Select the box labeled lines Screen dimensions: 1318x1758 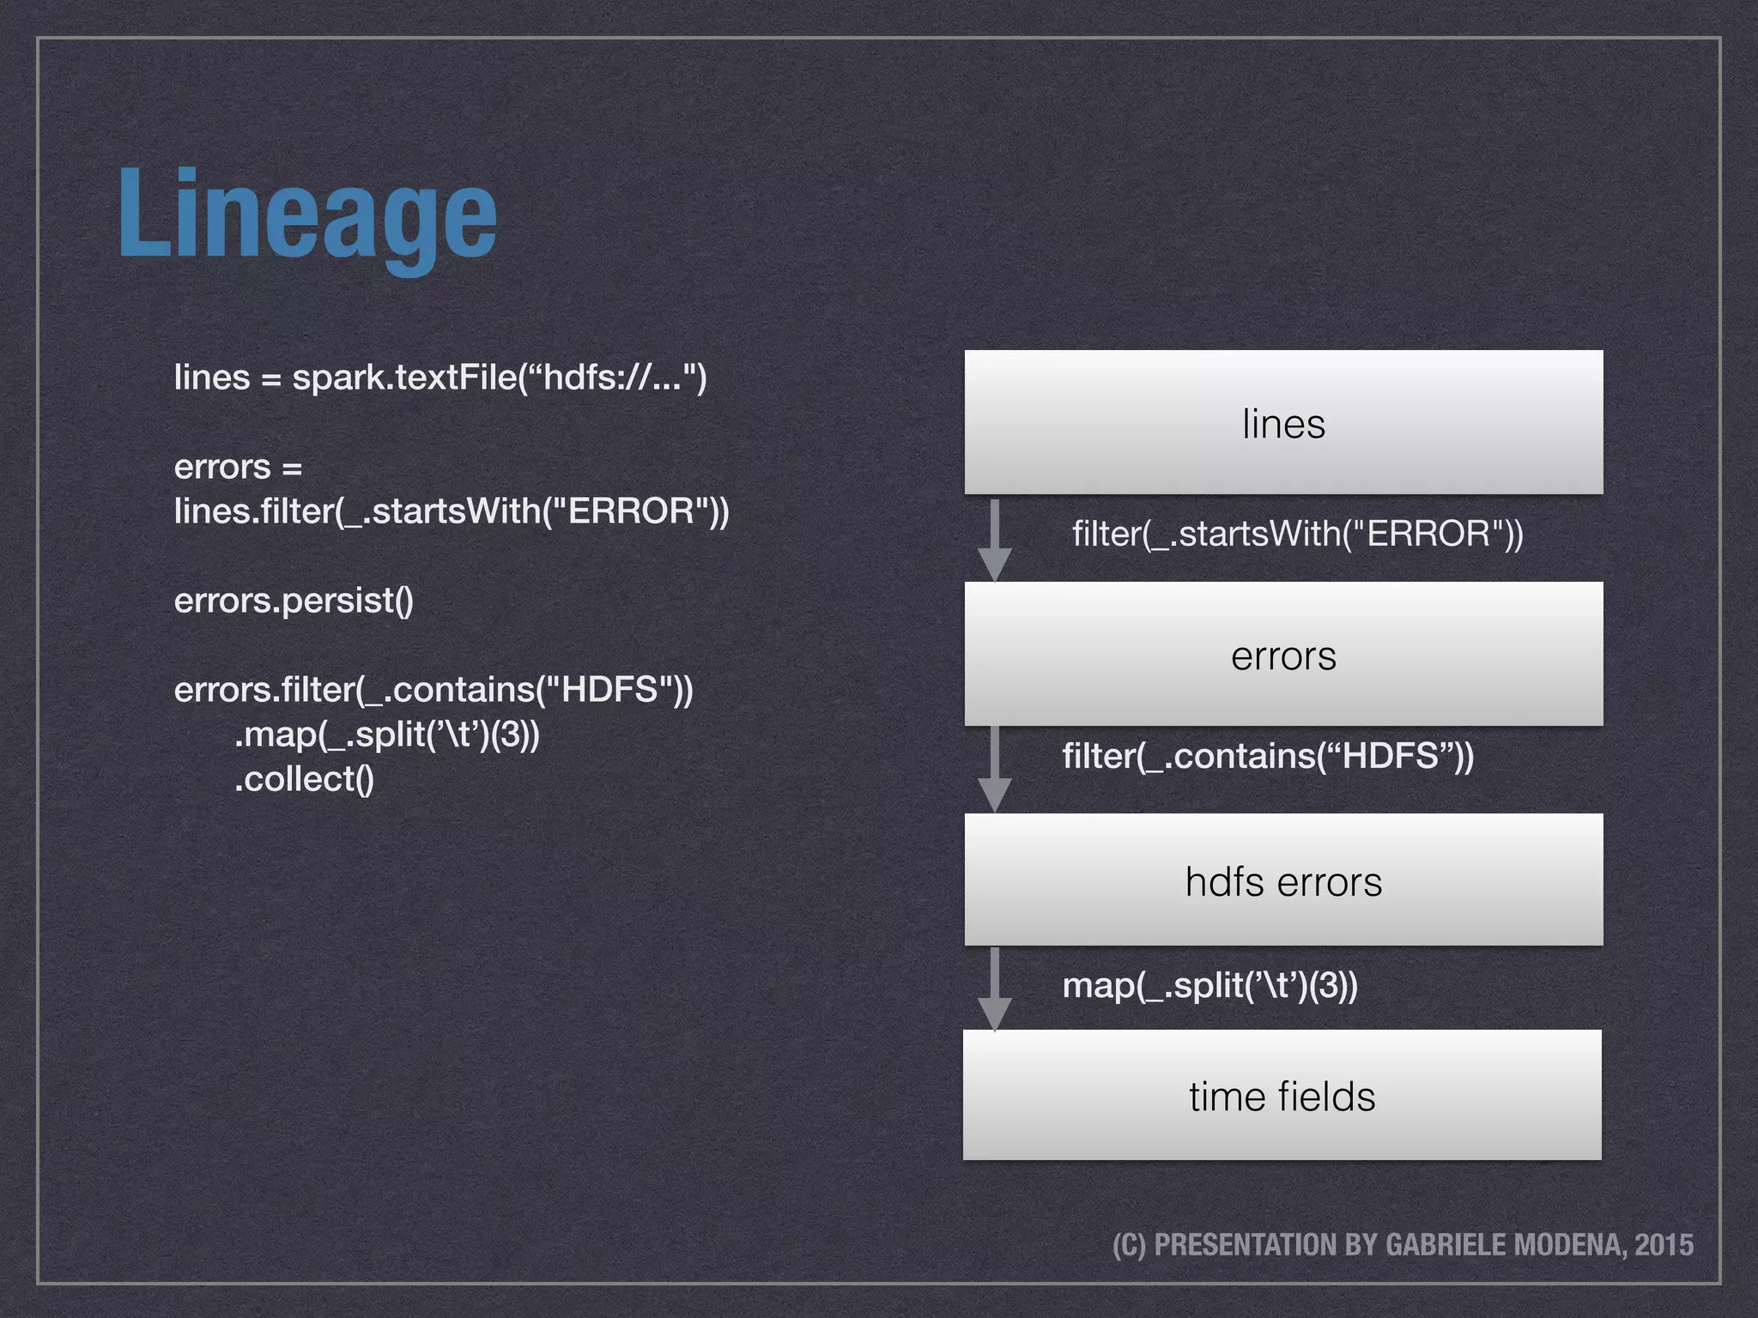1283,423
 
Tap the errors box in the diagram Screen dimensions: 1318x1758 1283,656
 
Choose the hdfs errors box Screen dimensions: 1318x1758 1283,881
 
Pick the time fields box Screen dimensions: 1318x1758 1282,1096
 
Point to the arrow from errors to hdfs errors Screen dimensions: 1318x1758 994,768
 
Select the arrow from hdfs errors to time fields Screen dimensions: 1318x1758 994,988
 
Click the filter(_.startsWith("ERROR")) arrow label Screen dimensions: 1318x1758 1297,534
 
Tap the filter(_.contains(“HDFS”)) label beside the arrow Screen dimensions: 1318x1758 1267,756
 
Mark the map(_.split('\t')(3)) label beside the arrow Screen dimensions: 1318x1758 1209,985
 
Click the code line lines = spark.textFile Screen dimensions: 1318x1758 439,378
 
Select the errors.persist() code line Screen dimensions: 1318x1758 294,601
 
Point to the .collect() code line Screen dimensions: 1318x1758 304,779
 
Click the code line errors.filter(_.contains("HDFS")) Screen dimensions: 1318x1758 433,690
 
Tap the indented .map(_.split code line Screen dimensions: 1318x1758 386,735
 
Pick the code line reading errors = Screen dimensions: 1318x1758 238,468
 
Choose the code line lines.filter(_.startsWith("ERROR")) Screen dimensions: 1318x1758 451,511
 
